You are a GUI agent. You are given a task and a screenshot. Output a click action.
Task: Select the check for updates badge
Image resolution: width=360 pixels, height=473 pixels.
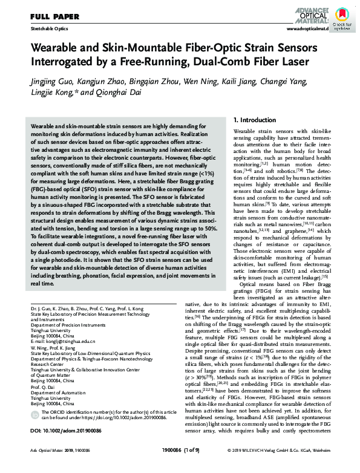coord(342,16)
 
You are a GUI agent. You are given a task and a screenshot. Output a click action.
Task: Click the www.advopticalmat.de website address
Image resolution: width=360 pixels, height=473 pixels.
coord(308,29)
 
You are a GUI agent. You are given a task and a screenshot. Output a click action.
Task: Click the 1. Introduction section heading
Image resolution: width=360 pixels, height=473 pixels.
coord(255,120)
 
